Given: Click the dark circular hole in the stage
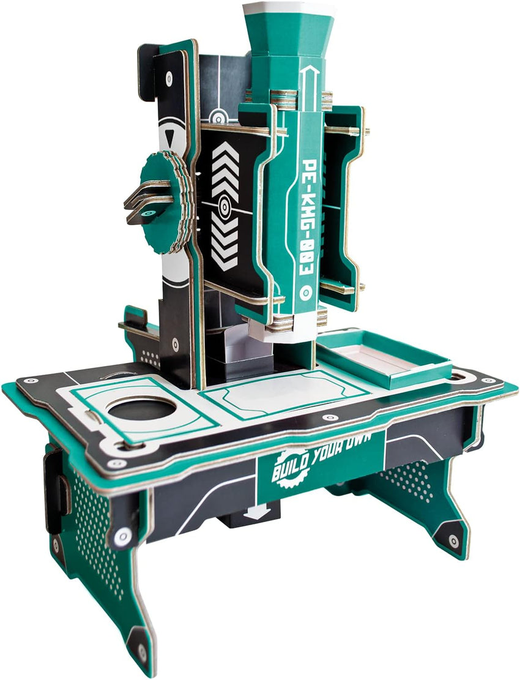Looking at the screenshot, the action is (x=141, y=408).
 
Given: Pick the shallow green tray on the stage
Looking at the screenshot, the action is (x=384, y=357).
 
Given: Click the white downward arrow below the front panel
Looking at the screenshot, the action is (x=256, y=512).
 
